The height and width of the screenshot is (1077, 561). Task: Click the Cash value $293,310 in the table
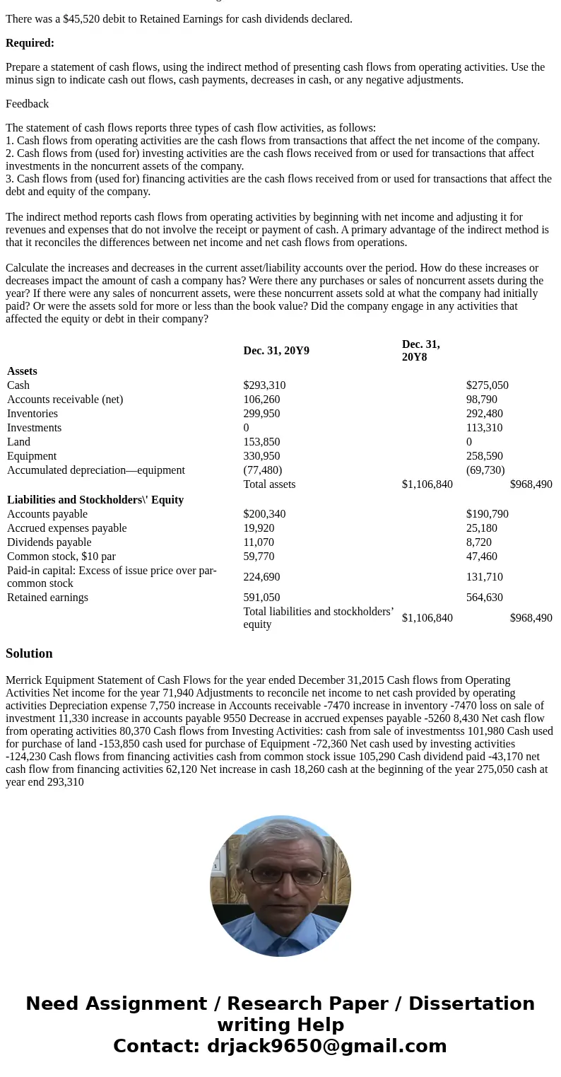(264, 385)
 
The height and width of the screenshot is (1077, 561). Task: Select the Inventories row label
(33, 414)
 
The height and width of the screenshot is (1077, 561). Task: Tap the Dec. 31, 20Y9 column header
(276, 351)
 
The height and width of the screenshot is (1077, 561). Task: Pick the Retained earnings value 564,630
(485, 598)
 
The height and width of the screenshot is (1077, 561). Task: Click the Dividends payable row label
(49, 542)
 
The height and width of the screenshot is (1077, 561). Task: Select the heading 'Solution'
(29, 653)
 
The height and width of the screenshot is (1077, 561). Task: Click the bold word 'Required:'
(30, 43)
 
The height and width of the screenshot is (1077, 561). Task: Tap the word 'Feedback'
(27, 104)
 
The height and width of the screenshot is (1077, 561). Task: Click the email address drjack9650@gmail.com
(326, 1047)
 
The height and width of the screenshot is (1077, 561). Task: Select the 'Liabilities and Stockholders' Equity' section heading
(95, 500)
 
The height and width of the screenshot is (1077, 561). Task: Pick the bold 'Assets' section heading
(22, 371)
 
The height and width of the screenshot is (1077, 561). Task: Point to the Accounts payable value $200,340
(264, 514)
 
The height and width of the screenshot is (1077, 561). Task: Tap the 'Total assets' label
(269, 484)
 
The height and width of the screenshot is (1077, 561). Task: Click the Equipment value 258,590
(485, 456)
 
